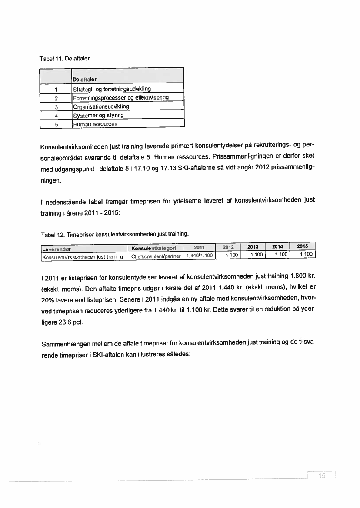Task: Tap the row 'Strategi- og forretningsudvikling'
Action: [112, 89]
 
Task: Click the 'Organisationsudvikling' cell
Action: [101, 106]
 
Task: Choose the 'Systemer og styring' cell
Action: [98, 115]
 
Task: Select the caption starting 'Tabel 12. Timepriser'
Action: [114, 234]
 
